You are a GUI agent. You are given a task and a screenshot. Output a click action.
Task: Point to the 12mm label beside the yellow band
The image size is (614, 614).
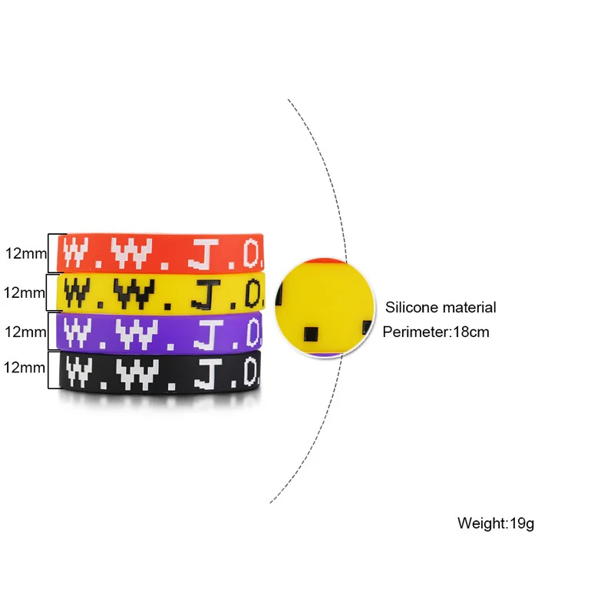click(24, 292)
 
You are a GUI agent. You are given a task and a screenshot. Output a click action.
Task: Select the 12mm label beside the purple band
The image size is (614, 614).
click(24, 332)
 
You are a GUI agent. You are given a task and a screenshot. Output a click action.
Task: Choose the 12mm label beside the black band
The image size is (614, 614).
click(24, 368)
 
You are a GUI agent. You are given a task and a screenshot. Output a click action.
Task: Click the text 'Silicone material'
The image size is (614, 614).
click(441, 308)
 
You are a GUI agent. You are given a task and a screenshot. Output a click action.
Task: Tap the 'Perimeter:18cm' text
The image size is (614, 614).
click(435, 332)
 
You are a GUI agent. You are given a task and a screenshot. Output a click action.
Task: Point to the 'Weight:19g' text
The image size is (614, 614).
click(495, 524)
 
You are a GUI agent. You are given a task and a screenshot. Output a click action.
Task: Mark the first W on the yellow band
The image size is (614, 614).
click(79, 291)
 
